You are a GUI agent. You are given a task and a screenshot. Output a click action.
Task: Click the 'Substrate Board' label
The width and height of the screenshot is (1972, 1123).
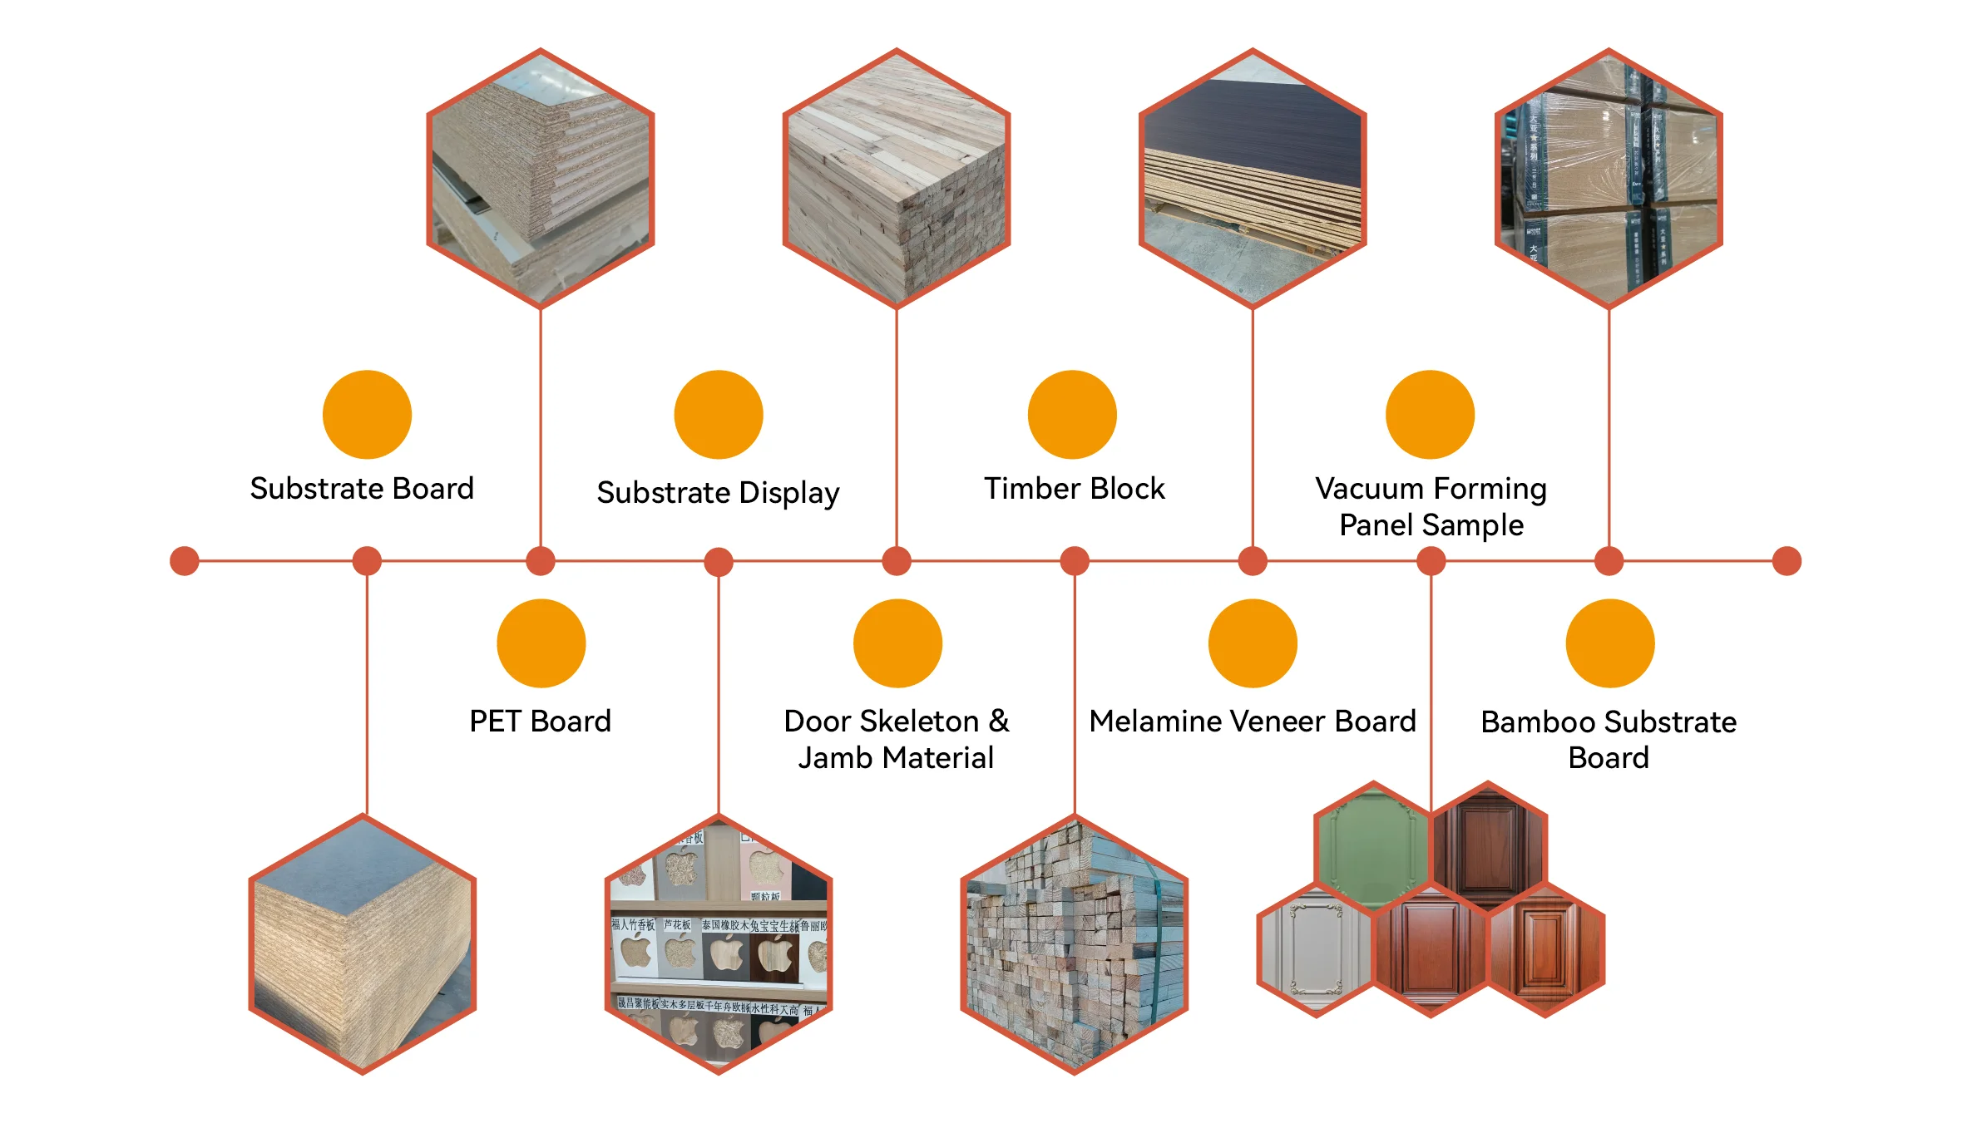(x=362, y=488)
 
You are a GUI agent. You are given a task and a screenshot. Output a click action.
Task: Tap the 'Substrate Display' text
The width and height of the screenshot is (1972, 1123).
(x=718, y=492)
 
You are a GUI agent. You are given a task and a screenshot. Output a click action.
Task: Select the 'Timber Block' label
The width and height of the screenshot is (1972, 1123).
(x=1074, y=488)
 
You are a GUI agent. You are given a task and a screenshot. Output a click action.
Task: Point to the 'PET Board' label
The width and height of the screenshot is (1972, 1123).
(x=540, y=721)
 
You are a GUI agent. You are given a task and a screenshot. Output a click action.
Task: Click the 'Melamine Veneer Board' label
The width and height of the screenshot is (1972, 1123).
(x=1252, y=721)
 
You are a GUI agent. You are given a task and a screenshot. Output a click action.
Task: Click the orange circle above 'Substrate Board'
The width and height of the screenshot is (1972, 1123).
(x=367, y=414)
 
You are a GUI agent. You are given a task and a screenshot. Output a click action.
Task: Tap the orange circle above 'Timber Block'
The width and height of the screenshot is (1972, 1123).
(x=1072, y=414)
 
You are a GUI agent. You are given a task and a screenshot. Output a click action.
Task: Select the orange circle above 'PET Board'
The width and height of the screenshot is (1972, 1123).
(x=541, y=643)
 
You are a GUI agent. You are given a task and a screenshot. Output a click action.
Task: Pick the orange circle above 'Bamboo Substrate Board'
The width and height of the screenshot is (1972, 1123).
(x=1609, y=643)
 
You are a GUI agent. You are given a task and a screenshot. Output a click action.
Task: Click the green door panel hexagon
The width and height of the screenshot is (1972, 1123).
(x=1373, y=844)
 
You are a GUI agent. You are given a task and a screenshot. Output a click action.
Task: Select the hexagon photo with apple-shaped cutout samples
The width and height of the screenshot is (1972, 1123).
(x=719, y=944)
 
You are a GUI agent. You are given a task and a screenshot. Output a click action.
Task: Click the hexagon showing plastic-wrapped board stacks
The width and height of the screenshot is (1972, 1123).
(x=1609, y=178)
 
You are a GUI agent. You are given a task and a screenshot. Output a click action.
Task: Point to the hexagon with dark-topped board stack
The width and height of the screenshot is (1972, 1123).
(x=1253, y=178)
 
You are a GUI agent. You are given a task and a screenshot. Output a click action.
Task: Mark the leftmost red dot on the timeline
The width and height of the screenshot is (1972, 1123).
(x=184, y=561)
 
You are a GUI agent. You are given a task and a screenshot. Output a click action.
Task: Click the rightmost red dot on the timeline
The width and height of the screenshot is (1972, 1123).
(x=1787, y=561)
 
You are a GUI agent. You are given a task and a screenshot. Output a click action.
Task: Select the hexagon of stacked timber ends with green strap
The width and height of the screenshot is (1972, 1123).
(x=1075, y=944)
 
